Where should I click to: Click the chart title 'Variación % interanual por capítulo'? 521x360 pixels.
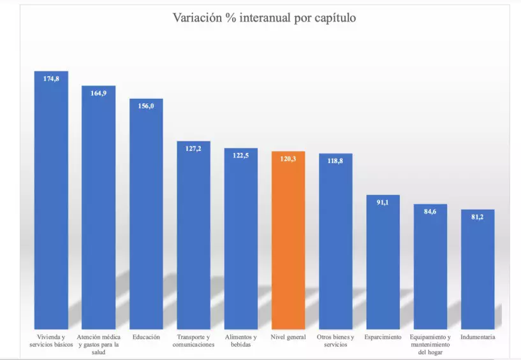coord(264,18)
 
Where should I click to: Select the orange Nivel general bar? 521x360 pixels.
coord(288,242)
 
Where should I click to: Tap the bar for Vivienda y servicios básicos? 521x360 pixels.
coord(51,204)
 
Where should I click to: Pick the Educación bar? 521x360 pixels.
coord(146,217)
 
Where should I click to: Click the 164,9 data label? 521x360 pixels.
coord(98,93)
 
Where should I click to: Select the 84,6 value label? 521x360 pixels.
coord(430,212)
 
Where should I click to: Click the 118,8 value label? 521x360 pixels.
coord(335,161)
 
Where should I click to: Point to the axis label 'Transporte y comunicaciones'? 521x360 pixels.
coord(193,341)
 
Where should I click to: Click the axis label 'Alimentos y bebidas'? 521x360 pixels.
coord(241,341)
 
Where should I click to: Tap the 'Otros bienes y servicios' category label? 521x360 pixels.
coord(335,341)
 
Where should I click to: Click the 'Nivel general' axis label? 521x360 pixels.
coord(288,337)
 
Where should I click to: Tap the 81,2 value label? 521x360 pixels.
coord(478,217)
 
